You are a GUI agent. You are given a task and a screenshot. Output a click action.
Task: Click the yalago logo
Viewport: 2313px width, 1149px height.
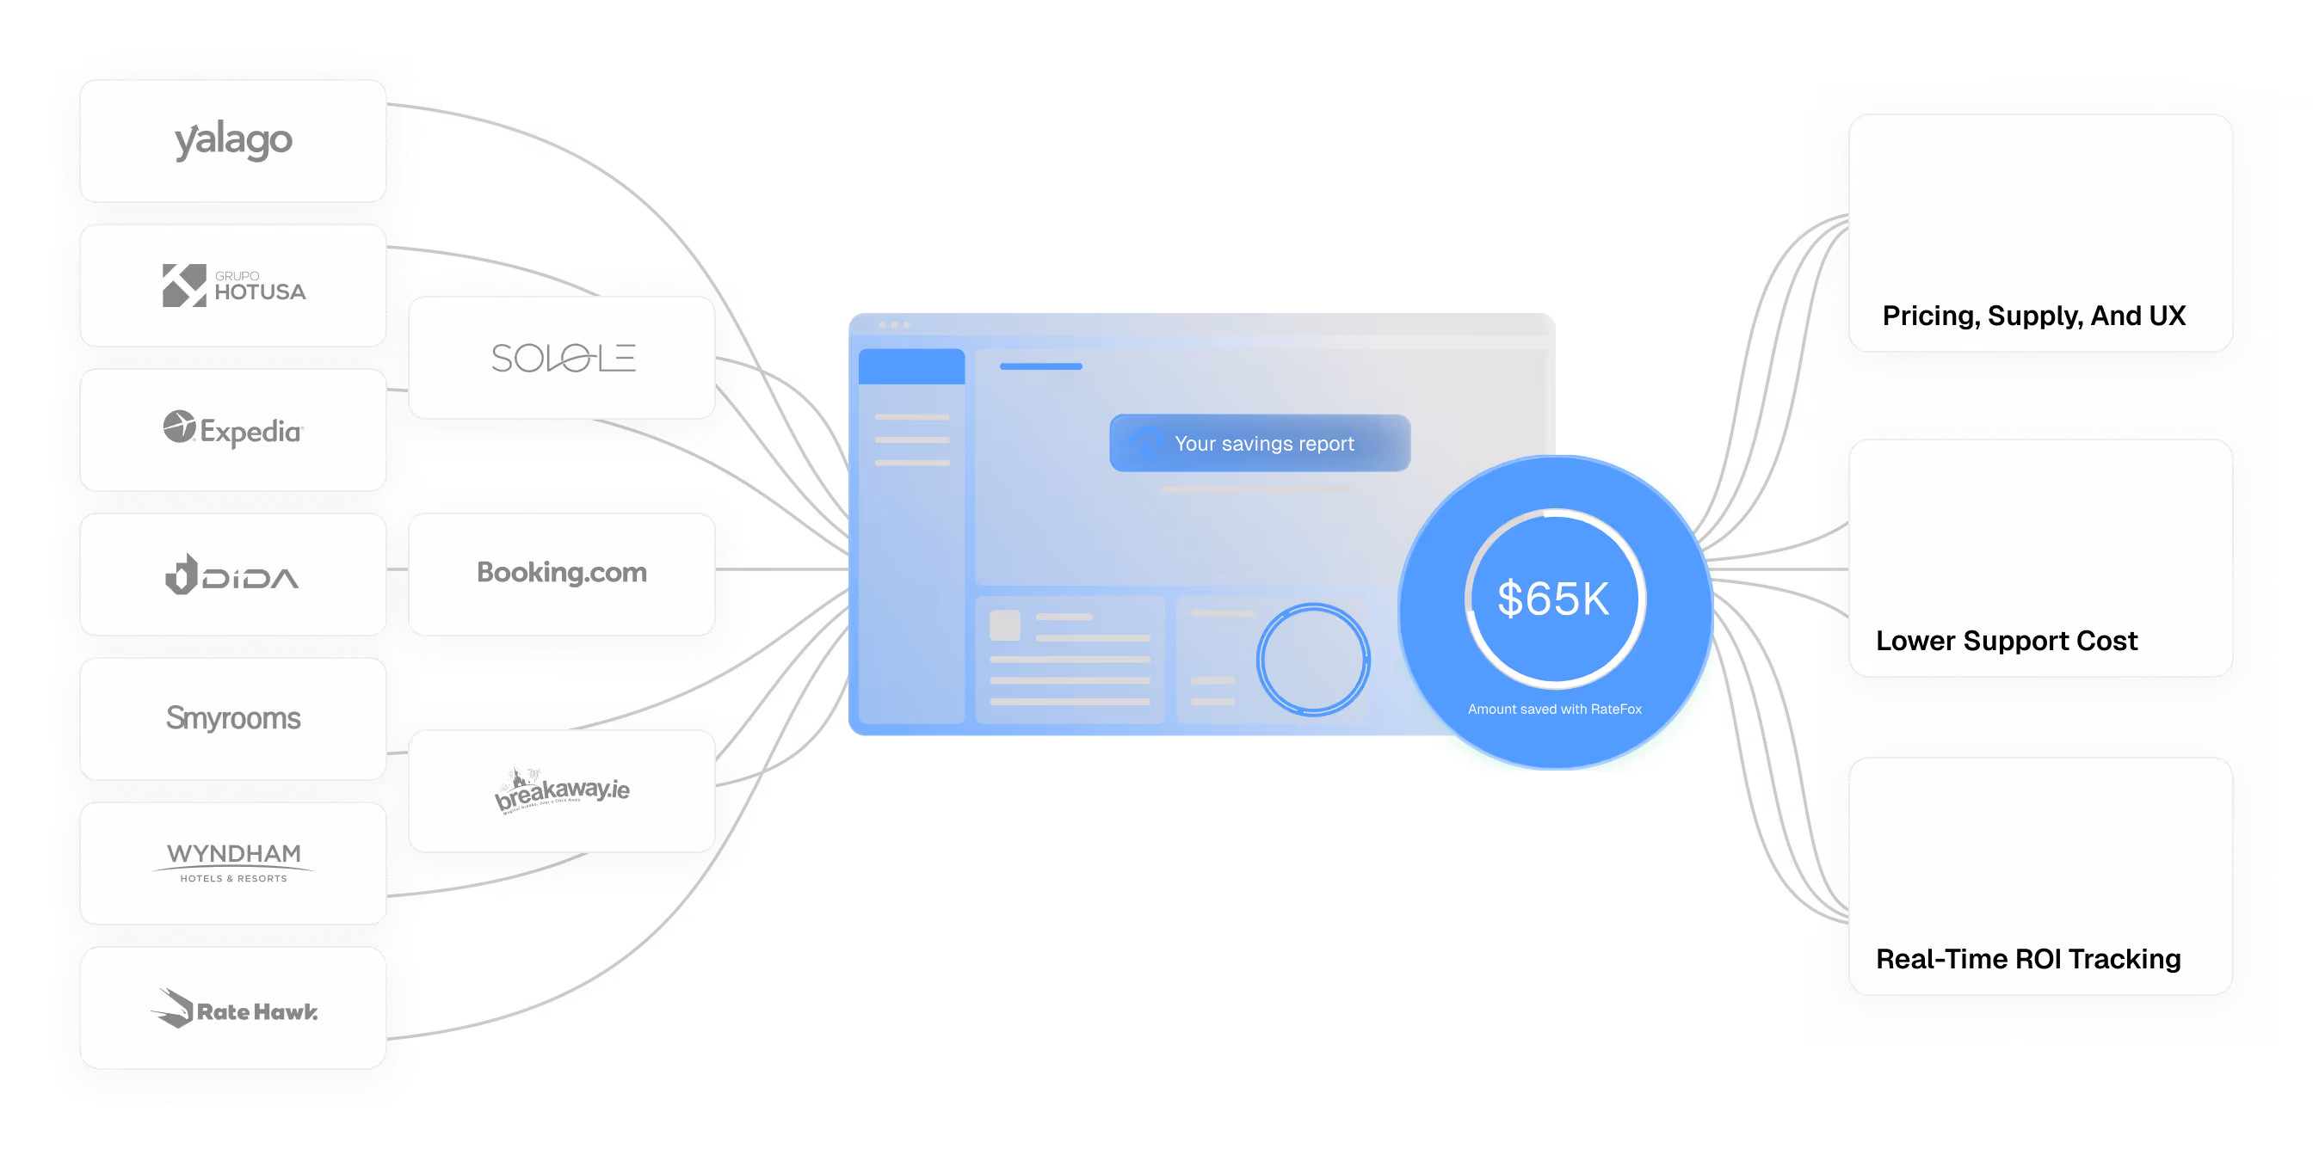(x=233, y=141)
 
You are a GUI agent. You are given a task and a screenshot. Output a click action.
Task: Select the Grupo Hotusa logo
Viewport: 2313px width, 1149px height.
(x=233, y=286)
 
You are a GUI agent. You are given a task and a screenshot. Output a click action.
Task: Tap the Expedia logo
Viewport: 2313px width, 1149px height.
(x=233, y=430)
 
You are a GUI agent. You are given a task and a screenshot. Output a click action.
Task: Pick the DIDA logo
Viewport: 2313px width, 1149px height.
(x=233, y=574)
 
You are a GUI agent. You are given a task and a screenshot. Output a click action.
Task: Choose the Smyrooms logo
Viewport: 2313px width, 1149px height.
(x=233, y=718)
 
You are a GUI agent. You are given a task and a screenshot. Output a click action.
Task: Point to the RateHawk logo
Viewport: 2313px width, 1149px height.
(x=233, y=1008)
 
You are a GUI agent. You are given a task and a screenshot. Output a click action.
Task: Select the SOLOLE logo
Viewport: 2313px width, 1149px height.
(x=562, y=358)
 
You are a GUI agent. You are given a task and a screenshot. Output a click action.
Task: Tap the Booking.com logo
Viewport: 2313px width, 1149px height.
(x=562, y=573)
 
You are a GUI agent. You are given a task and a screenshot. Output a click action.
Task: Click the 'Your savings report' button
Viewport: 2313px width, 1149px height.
(x=1260, y=444)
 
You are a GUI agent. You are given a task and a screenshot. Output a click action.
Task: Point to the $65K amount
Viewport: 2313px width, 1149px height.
(x=1553, y=599)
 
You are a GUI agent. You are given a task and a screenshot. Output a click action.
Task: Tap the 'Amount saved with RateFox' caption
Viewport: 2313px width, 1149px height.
(x=1554, y=710)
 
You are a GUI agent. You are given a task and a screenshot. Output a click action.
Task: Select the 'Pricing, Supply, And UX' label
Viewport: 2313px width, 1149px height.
(x=2033, y=316)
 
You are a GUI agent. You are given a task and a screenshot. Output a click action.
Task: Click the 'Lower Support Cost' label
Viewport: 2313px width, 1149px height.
(x=2006, y=641)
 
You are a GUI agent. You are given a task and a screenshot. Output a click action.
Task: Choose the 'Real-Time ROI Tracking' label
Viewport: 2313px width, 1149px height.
(x=2027, y=959)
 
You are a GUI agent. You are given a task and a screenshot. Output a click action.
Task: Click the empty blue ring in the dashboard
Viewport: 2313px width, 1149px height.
(x=1313, y=660)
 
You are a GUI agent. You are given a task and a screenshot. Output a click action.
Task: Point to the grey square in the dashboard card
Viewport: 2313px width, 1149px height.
(x=1005, y=624)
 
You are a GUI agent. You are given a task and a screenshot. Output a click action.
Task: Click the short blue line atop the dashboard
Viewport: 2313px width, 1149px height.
(x=1040, y=366)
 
